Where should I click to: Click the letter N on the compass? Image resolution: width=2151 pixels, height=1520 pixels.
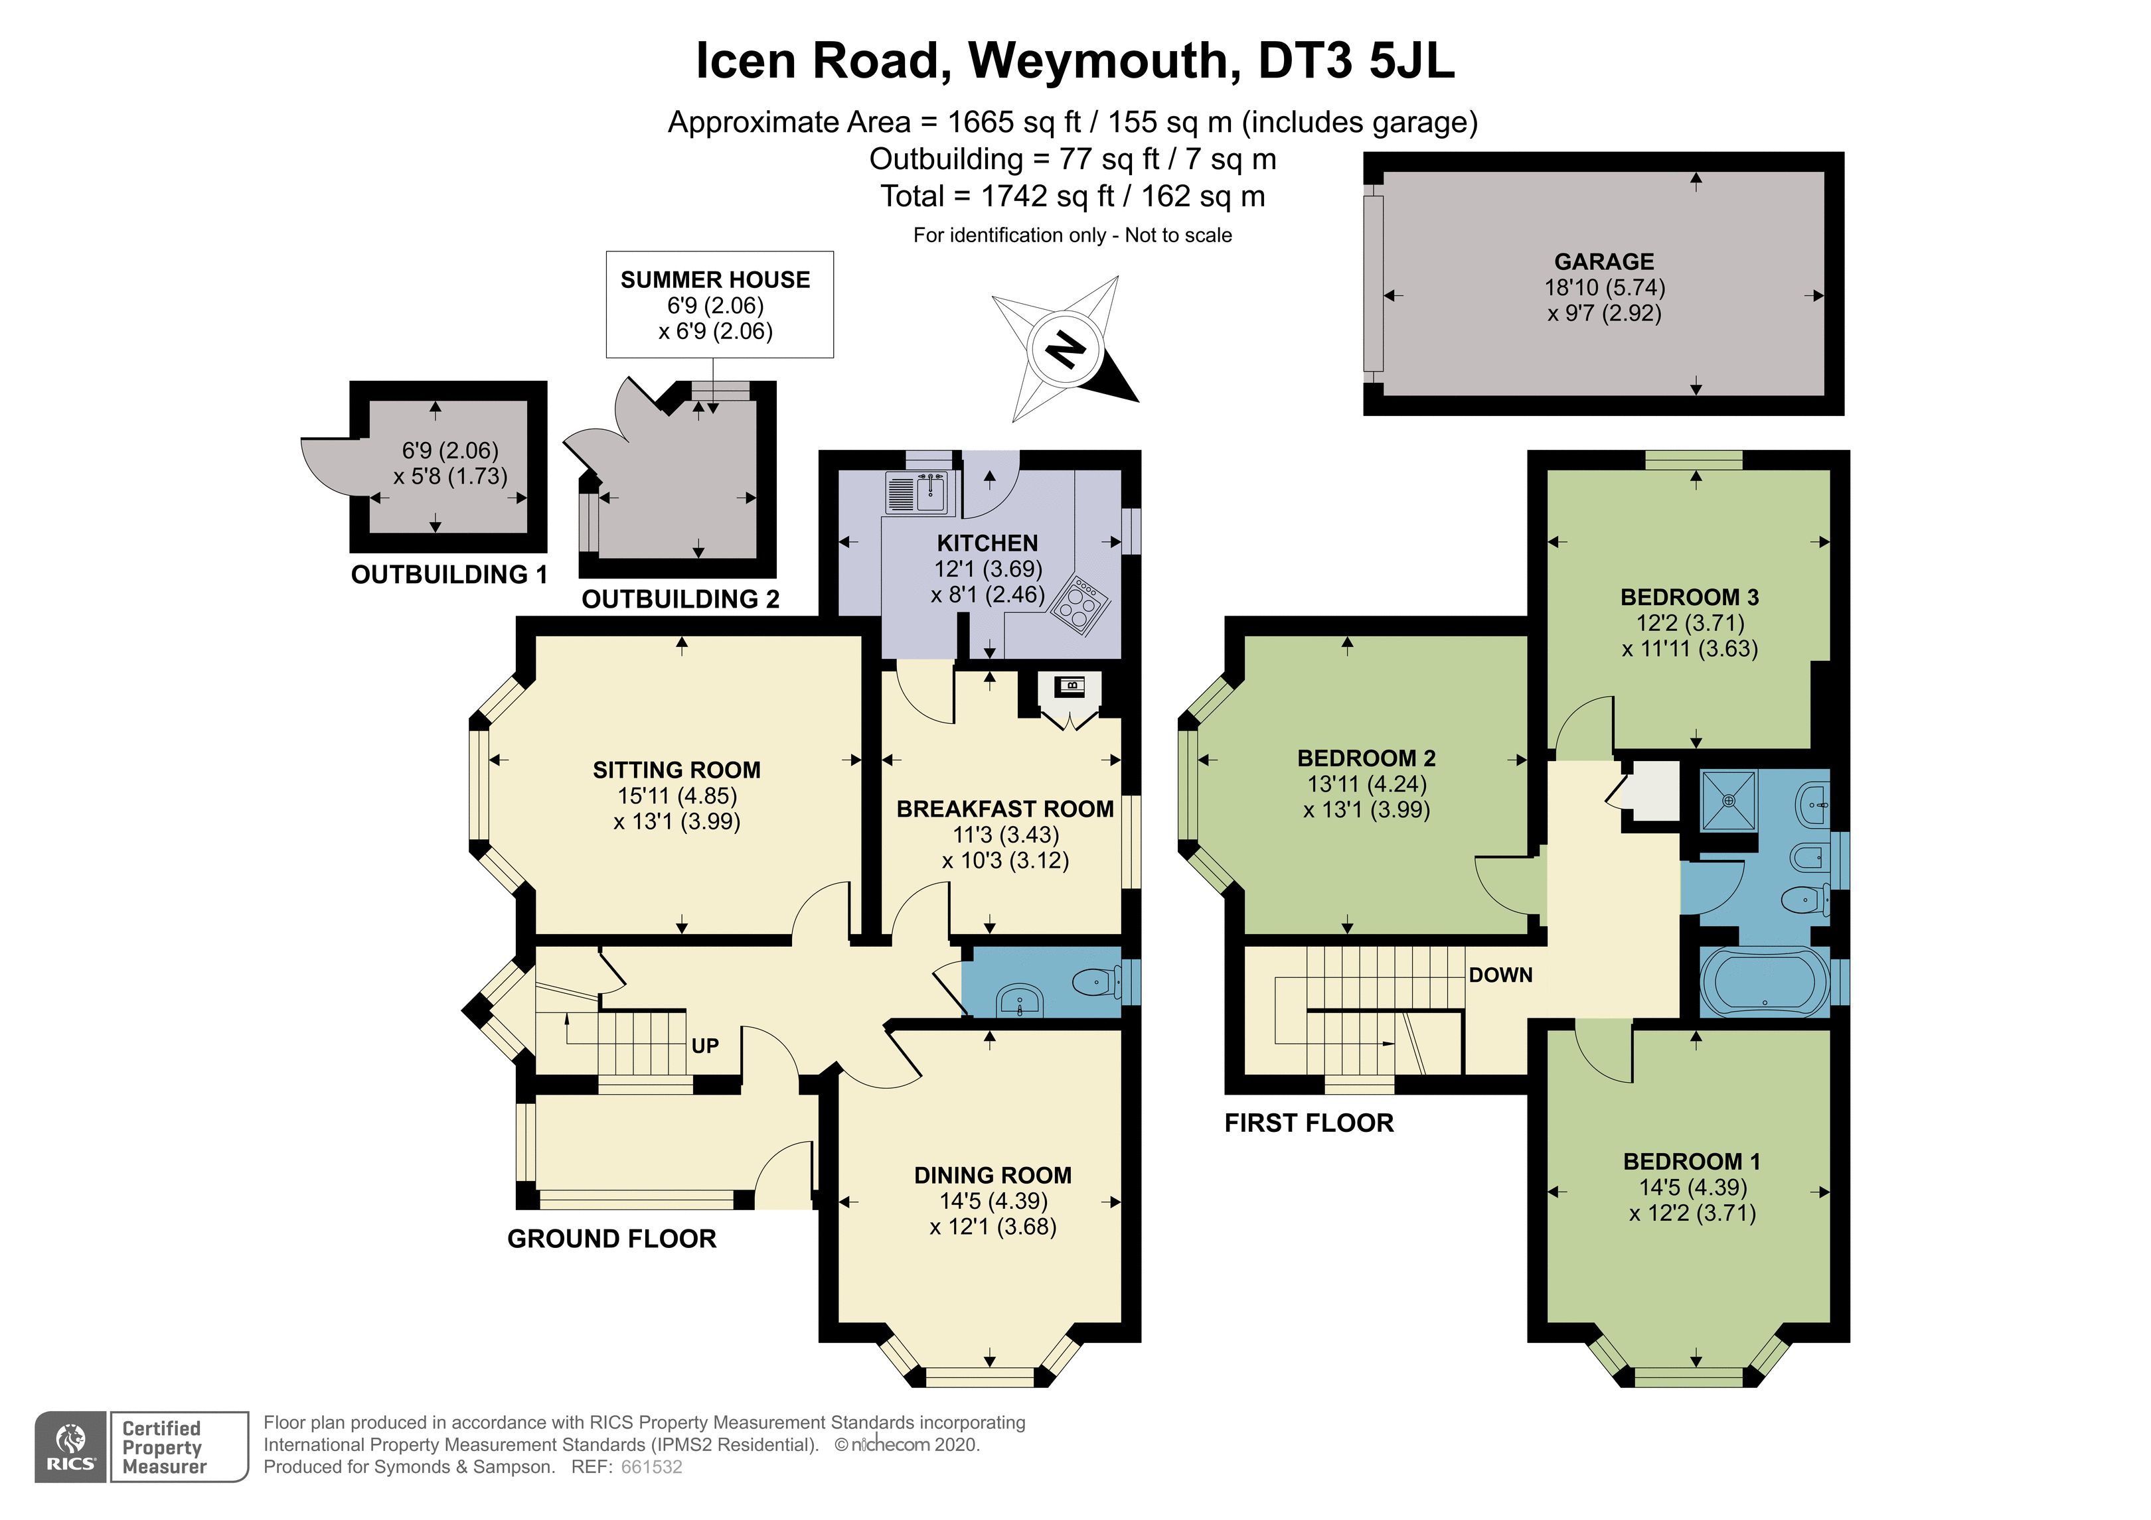click(1064, 350)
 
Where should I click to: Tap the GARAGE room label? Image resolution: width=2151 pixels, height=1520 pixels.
click(1604, 261)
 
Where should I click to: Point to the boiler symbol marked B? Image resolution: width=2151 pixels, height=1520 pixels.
click(1069, 687)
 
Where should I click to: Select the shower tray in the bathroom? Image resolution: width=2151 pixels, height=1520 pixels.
click(1729, 801)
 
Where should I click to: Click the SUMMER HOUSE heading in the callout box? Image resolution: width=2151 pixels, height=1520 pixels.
click(715, 279)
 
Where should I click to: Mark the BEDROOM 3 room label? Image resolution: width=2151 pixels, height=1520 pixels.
click(1690, 596)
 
